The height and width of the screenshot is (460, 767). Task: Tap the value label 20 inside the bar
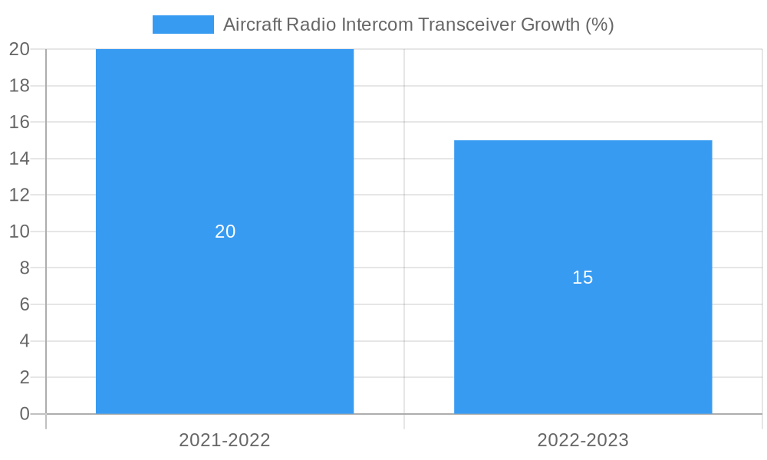pyautogui.click(x=225, y=232)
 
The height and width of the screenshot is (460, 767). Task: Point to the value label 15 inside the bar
pyautogui.click(x=583, y=278)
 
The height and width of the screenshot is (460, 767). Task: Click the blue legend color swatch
pyautogui.click(x=183, y=25)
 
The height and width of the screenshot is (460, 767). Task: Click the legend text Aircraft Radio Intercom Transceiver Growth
pyautogui.click(x=418, y=25)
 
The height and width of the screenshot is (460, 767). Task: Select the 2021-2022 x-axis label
pyautogui.click(x=225, y=440)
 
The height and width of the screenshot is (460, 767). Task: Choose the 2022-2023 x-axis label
pyautogui.click(x=583, y=440)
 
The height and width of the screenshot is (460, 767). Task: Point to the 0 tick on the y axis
pyautogui.click(x=24, y=414)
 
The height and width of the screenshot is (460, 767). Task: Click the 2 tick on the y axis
pyautogui.click(x=24, y=377)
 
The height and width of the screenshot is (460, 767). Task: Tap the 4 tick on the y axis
pyautogui.click(x=24, y=341)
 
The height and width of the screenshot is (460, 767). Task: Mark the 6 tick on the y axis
pyautogui.click(x=24, y=304)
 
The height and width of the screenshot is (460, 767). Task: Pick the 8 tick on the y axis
pyautogui.click(x=24, y=268)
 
